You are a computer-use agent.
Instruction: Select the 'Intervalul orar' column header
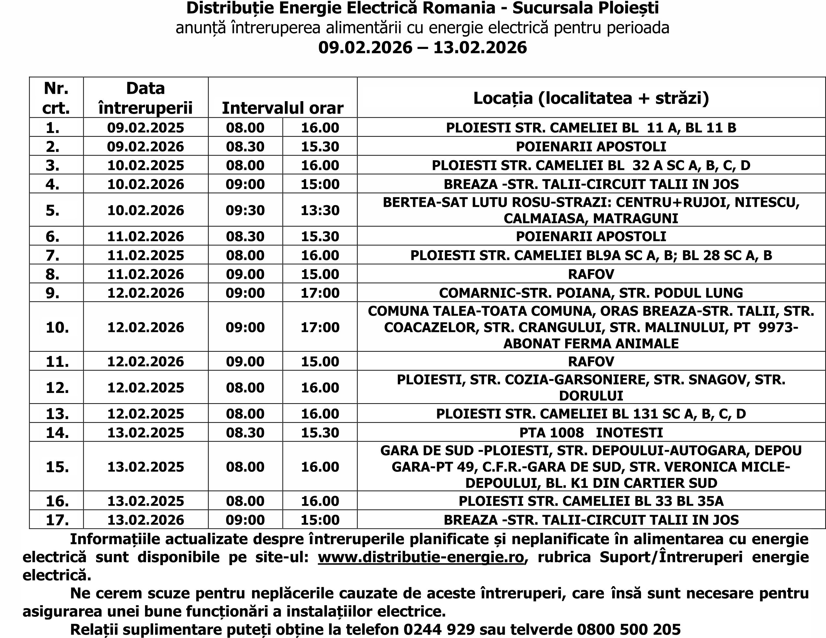[283, 108]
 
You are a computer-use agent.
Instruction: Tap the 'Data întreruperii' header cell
[146, 98]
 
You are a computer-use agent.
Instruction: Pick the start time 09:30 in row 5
[245, 210]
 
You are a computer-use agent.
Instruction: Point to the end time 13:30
[320, 210]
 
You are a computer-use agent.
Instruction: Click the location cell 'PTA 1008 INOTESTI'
[591, 432]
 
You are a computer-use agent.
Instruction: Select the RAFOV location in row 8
[591, 274]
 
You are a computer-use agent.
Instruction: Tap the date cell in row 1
[146, 127]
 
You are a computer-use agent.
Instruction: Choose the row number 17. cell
[57, 520]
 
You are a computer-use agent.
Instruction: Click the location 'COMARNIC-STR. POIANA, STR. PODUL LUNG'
[591, 293]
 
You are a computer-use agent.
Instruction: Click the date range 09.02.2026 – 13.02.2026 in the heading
[422, 48]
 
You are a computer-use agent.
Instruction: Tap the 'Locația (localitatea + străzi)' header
[591, 98]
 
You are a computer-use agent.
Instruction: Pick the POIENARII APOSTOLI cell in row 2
[591, 146]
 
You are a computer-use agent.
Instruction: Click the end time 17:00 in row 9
[320, 293]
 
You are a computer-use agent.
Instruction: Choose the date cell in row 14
[146, 432]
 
